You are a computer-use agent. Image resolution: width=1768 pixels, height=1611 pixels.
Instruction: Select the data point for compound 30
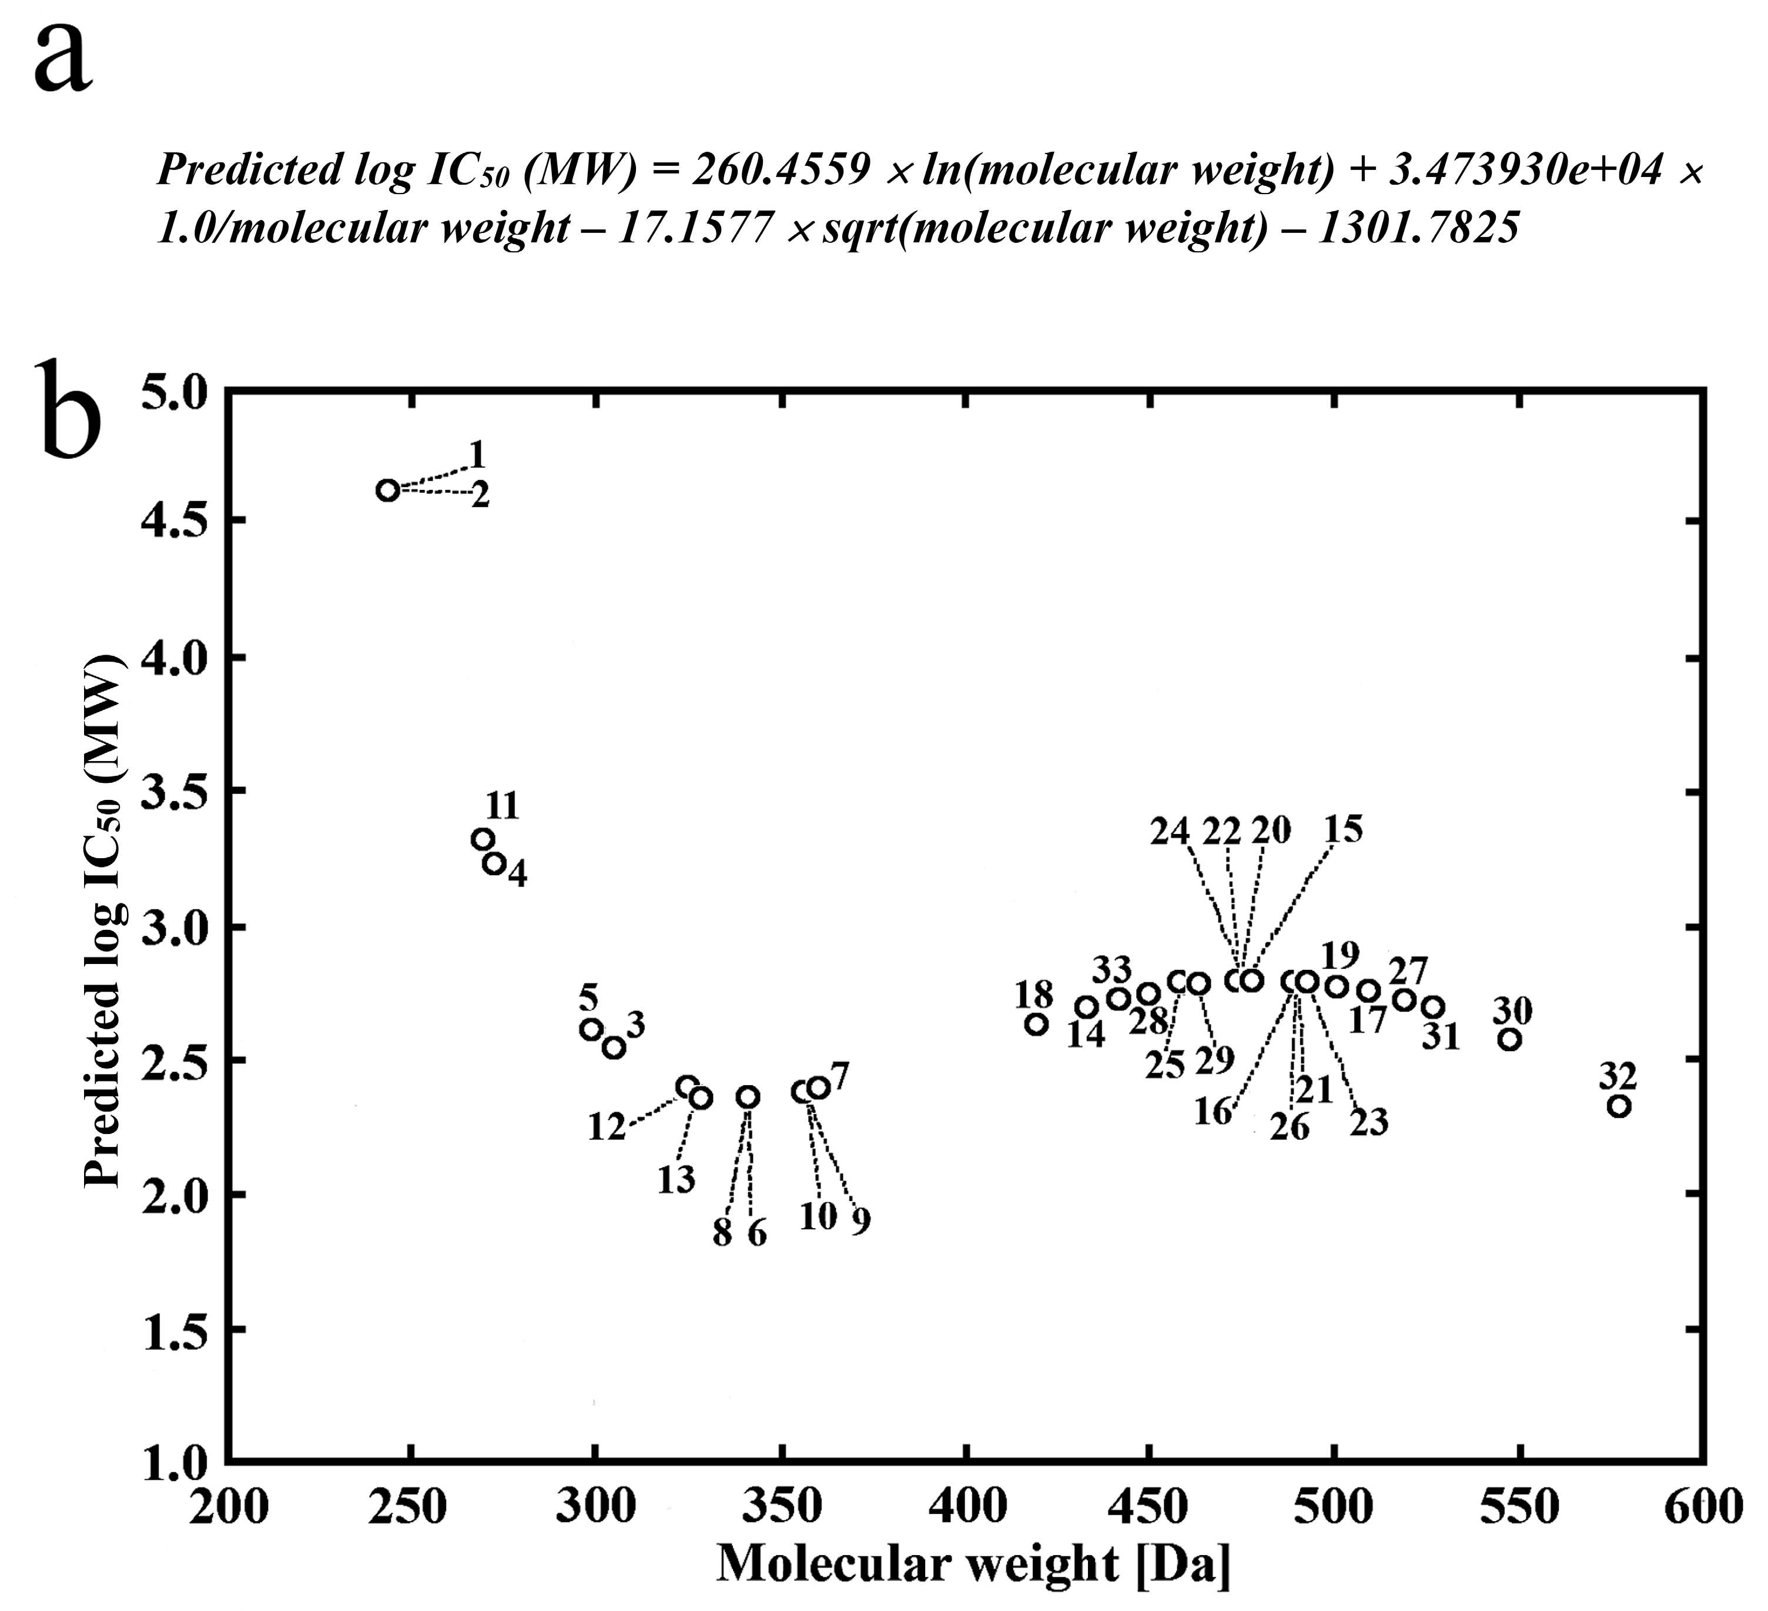click(x=1509, y=1039)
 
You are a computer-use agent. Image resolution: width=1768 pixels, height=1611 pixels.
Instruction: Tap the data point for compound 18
click(x=1037, y=1024)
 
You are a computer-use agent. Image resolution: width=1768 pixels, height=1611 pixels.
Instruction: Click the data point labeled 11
click(x=481, y=839)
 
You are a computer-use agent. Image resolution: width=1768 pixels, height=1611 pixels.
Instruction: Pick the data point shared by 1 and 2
click(x=387, y=489)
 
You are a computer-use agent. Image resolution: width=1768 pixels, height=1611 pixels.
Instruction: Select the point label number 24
click(x=1170, y=831)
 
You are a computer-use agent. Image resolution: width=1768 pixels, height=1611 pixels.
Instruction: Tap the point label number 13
click(x=676, y=1181)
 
